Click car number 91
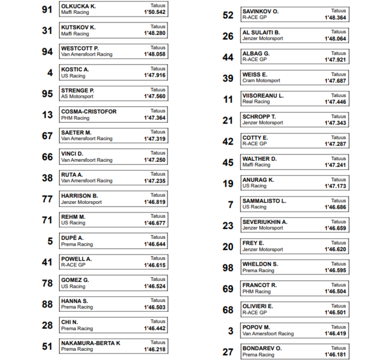pyautogui.click(x=47, y=9)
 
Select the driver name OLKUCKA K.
pyautogui.click(x=79, y=6)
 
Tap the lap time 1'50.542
pyautogui.click(x=155, y=12)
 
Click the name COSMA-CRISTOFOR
pyautogui.click(x=88, y=111)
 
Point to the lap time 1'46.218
pyautogui.click(x=155, y=350)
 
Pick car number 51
pyautogui.click(x=47, y=346)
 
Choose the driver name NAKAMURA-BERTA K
pyautogui.click(x=90, y=343)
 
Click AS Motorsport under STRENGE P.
pyautogui.click(x=77, y=96)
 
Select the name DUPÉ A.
pyautogui.click(x=72, y=238)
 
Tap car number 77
pyautogui.click(x=47, y=199)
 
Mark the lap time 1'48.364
pyautogui.click(x=336, y=18)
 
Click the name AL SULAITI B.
pyautogui.click(x=261, y=32)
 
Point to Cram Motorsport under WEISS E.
pyautogui.click(x=261, y=81)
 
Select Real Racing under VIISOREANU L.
pyautogui.click(x=256, y=102)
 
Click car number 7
pyautogui.click(x=231, y=204)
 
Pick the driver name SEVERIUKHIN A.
pyautogui.click(x=265, y=222)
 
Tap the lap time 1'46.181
pyautogui.click(x=336, y=355)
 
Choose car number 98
pyautogui.click(x=228, y=268)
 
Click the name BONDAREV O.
pyautogui.click(x=262, y=348)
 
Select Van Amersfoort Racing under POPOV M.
pyautogui.click(x=268, y=334)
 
